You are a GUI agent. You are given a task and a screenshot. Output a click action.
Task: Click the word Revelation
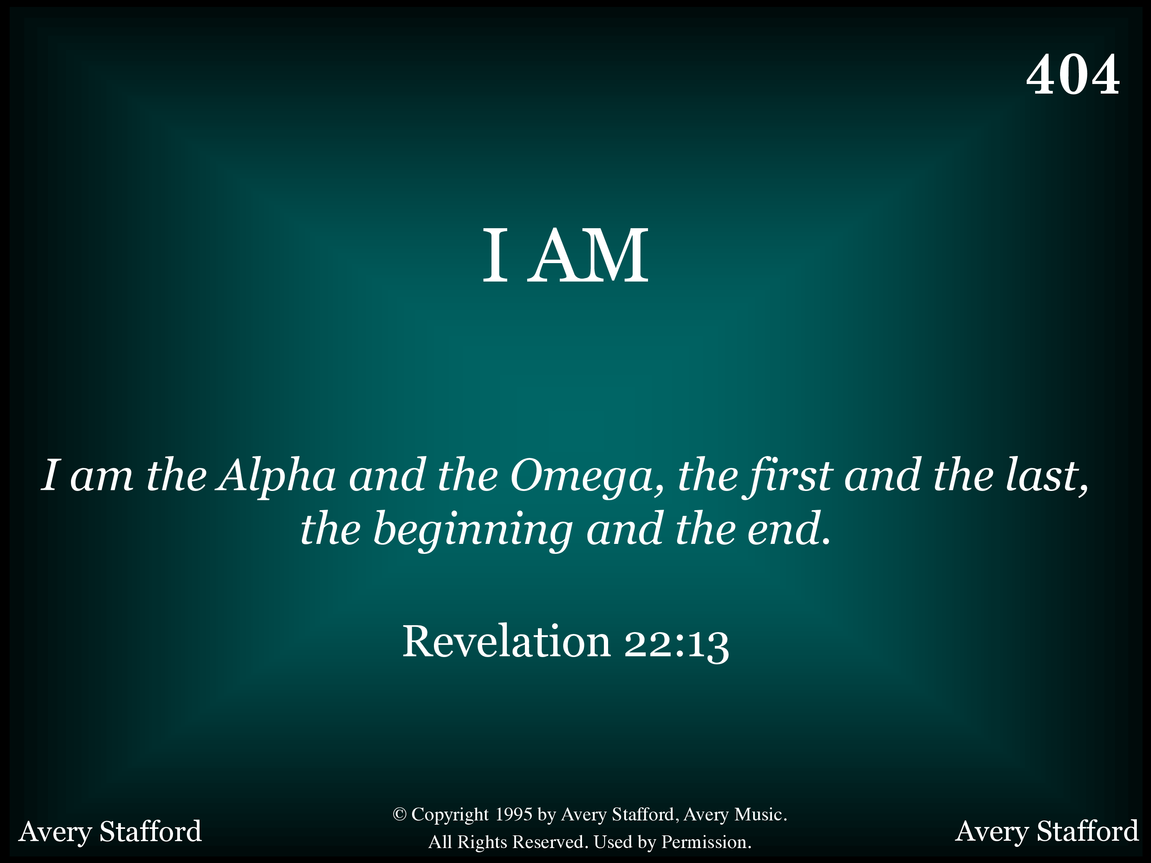point(507,641)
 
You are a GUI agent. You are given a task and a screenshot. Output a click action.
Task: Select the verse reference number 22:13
point(676,644)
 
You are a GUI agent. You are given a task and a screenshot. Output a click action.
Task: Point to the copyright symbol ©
point(399,814)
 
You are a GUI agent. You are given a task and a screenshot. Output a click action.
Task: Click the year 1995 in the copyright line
point(514,814)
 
